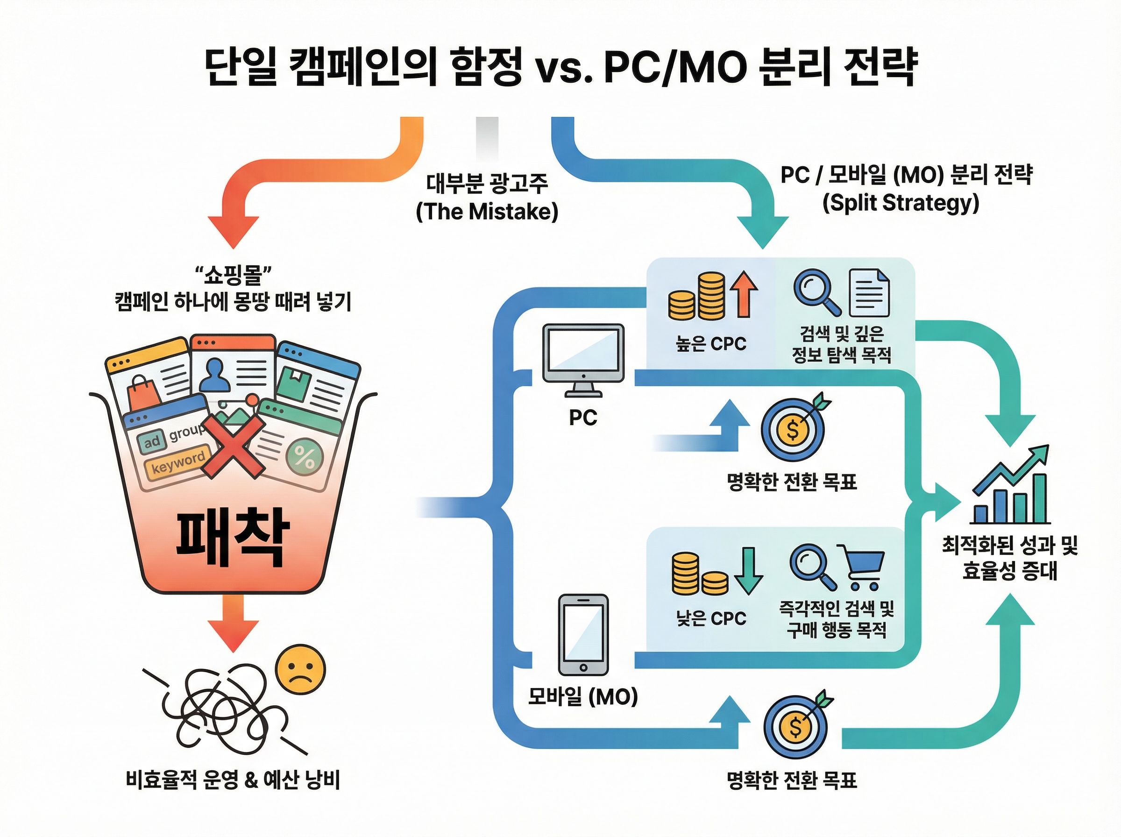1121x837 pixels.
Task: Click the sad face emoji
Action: tap(301, 670)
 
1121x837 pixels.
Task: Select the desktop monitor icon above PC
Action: tap(583, 361)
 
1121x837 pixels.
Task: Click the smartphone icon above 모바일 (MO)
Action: tap(583, 634)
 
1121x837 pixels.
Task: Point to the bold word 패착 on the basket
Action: tap(233, 539)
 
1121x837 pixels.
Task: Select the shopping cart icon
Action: tap(862, 567)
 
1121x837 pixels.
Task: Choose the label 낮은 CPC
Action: tap(711, 618)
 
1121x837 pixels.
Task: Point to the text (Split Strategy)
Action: tap(901, 203)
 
